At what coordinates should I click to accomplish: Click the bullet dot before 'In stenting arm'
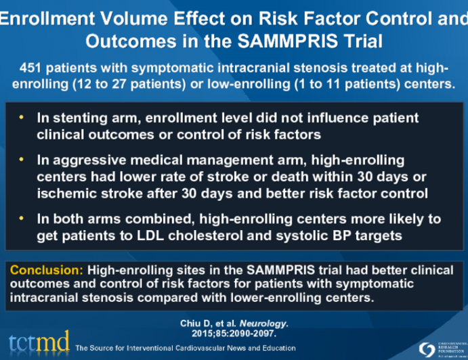22,118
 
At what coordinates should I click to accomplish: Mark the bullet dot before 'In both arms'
22,219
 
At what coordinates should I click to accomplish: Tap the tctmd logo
38,342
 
